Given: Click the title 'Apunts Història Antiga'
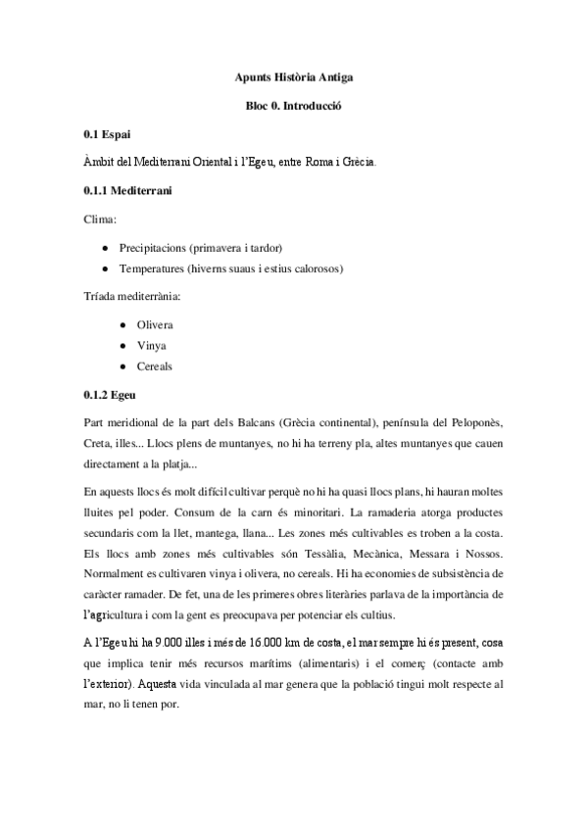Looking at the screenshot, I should pos(293,75).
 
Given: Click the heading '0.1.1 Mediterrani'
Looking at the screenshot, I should pos(128,189).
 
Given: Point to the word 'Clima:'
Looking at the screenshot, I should pos(101,219).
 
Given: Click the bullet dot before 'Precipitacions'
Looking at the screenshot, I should pos(105,247).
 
